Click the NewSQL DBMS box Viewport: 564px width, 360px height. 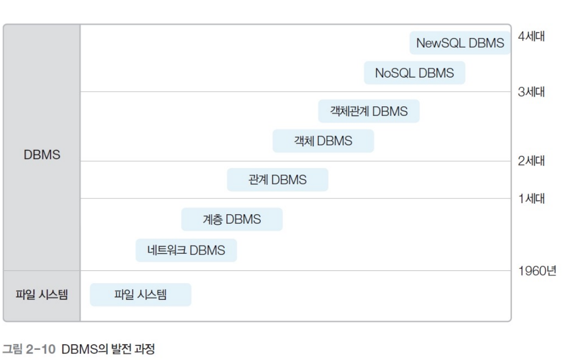tap(460, 43)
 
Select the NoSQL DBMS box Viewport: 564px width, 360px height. tap(414, 73)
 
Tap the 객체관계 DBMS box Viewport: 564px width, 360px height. tap(369, 111)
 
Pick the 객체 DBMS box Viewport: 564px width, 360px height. tap(323, 141)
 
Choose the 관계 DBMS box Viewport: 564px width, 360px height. tap(277, 180)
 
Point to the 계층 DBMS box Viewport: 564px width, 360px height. tap(232, 219)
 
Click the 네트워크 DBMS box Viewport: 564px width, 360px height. tap(186, 250)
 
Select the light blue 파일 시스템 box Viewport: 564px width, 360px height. tap(141, 295)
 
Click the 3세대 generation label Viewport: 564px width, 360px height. tap(531, 92)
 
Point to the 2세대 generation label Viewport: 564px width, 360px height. tap(531, 162)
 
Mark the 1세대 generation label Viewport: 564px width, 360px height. tap(531, 198)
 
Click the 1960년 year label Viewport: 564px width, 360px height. tap(537, 271)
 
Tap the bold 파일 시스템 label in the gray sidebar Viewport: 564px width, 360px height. tap(42, 295)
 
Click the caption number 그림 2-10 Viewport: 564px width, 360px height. tap(29, 348)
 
